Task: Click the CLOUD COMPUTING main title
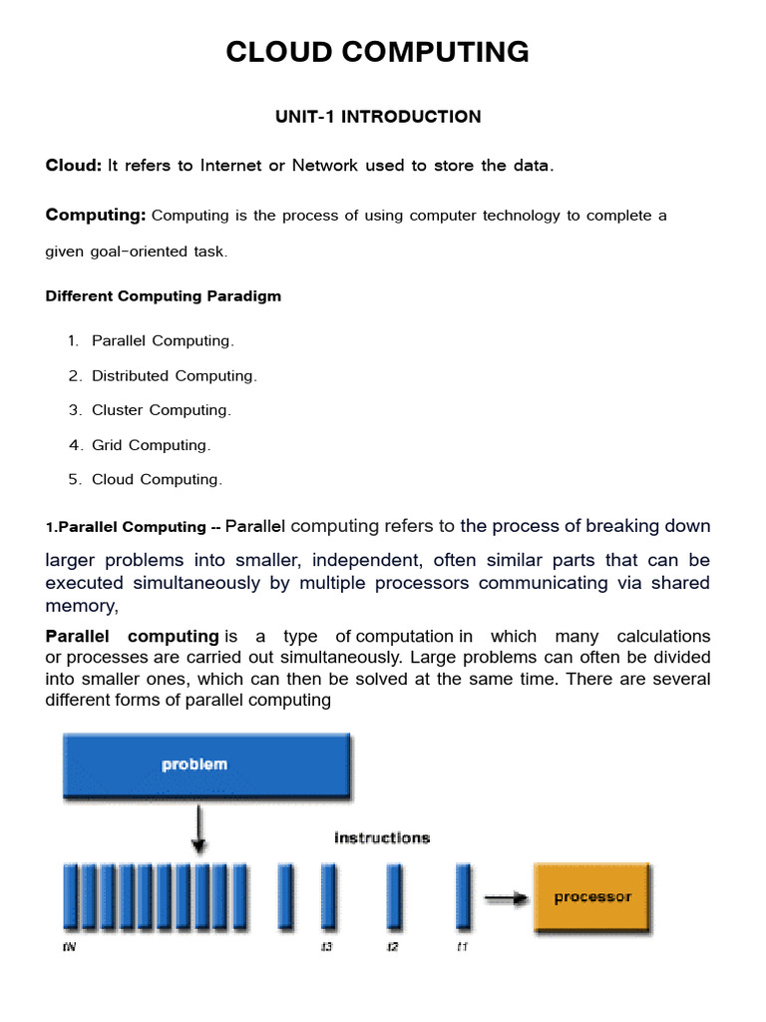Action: tap(377, 52)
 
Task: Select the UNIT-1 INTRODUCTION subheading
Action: tap(378, 117)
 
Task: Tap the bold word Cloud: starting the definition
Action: tap(74, 166)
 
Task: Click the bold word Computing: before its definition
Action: tap(96, 216)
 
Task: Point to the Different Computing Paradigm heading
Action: tap(164, 296)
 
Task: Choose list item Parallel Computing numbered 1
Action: tap(163, 341)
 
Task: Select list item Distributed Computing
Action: tap(174, 376)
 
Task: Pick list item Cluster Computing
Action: tap(161, 410)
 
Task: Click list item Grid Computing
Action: tap(151, 445)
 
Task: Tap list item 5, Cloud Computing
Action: tap(157, 480)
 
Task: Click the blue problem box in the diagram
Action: tap(205, 766)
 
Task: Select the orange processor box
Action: tap(592, 897)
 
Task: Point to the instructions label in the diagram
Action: tap(382, 838)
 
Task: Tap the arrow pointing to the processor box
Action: tap(505, 898)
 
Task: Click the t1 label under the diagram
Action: tap(461, 946)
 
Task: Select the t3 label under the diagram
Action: tap(326, 946)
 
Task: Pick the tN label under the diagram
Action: tap(68, 946)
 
